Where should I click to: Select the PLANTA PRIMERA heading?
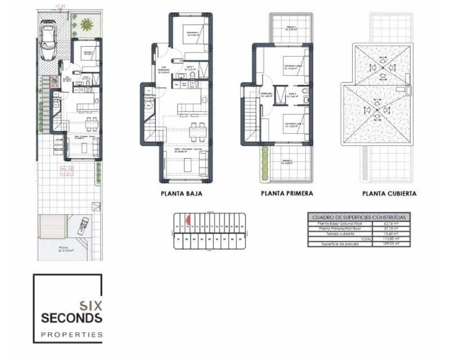287,193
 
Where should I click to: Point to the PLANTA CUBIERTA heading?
389,193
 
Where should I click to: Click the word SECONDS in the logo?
71,318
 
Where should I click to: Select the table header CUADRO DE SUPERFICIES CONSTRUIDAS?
359,217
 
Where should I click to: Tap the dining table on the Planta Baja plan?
195,131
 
